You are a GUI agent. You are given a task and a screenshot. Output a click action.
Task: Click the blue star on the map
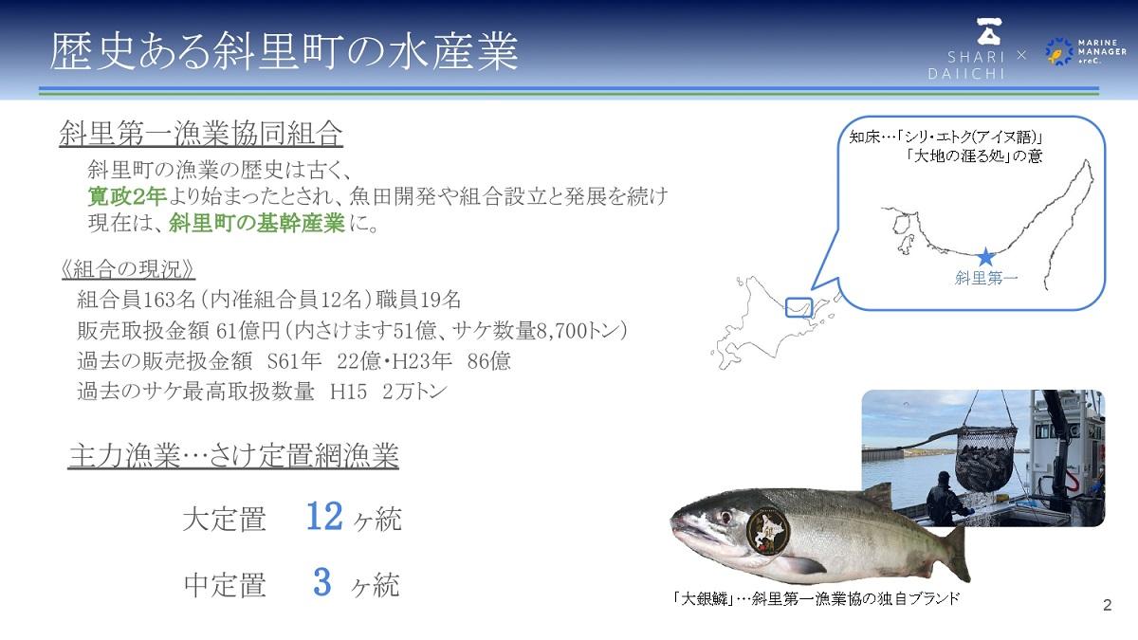985,257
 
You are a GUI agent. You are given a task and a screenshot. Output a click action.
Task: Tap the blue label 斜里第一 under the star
986,278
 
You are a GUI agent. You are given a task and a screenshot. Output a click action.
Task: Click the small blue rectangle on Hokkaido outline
799,307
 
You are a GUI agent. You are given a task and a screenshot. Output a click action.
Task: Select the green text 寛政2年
127,196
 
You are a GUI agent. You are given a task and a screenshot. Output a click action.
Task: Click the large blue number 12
324,516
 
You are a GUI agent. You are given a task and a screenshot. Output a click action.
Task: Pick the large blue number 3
322,582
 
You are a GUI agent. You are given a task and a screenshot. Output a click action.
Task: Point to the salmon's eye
726,517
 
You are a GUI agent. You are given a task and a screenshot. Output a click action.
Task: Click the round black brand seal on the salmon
768,531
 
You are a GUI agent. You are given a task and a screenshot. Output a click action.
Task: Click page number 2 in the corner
1108,605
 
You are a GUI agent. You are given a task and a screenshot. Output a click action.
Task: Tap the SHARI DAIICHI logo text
966,65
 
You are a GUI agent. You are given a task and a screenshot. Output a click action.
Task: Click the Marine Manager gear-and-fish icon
1058,51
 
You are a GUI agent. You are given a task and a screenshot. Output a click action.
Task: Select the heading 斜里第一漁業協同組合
201,134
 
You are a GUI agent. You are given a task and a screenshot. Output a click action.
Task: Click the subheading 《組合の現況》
128,269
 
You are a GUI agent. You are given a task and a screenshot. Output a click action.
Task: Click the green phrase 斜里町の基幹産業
257,223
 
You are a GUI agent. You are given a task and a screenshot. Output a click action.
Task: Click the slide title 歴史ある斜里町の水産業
284,51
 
